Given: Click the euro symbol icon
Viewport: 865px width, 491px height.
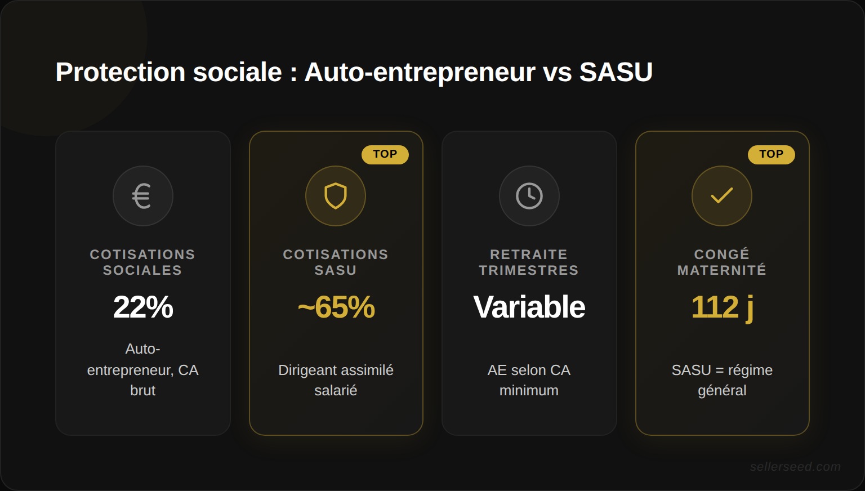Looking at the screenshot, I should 142,196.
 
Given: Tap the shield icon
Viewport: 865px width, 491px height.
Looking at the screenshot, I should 336,196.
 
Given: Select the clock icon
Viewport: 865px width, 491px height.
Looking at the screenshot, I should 529,196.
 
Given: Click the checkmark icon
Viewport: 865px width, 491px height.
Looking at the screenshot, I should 721,196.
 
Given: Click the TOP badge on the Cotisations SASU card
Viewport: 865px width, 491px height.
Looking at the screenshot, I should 385,154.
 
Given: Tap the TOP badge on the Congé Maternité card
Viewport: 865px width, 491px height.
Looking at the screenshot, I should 771,154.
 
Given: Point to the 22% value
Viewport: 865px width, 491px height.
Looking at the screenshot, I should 143,307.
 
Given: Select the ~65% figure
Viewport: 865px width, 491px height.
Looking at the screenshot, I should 336,307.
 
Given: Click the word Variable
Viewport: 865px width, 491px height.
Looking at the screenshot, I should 529,307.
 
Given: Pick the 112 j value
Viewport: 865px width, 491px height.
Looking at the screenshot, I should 722,307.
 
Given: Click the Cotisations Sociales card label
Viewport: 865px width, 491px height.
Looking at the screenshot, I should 142,262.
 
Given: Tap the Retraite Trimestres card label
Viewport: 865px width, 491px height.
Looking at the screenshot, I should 529,262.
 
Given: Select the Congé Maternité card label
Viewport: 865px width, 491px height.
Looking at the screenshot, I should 722,262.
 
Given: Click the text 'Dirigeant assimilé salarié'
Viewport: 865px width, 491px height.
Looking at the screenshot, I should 336,380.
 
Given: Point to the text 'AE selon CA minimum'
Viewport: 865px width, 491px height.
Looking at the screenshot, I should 529,380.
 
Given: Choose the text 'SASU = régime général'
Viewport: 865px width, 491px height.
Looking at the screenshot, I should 722,380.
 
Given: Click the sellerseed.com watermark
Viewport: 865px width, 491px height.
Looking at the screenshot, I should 795,467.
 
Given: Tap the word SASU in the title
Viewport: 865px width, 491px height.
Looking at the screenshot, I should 616,72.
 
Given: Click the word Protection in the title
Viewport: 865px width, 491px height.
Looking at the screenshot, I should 121,72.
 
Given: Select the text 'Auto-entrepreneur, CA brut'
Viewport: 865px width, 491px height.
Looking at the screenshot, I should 142,369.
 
